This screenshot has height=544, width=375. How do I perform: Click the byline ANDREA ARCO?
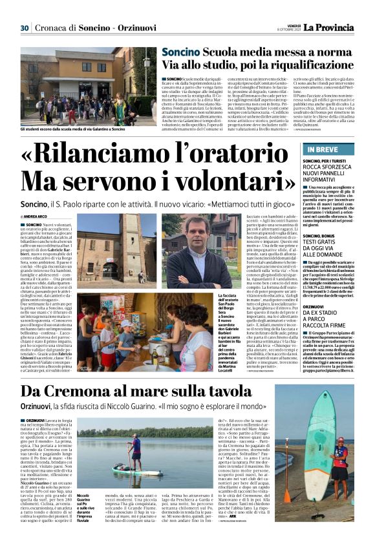[x=41, y=215]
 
